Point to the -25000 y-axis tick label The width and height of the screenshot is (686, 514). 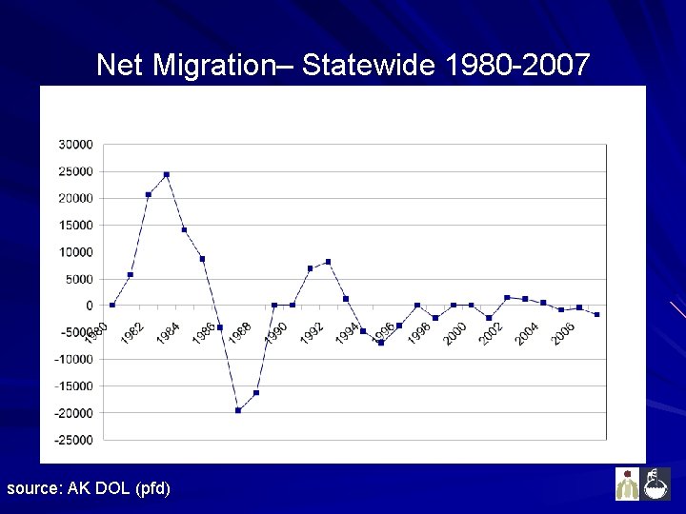[73, 440]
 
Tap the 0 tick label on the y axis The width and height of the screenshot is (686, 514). [90, 306]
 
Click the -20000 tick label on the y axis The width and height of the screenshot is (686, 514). [73, 413]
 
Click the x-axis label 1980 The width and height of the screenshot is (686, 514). [96, 333]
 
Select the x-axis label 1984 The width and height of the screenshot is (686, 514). [168, 333]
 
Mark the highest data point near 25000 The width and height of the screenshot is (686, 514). [167, 174]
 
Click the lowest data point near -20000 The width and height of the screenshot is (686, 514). [238, 410]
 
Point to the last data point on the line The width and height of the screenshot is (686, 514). [596, 314]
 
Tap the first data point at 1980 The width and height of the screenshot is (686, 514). [112, 306]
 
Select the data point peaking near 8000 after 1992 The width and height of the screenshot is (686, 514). [328, 262]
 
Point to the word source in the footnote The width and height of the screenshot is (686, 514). [32, 488]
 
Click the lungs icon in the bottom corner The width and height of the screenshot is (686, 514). [627, 484]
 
